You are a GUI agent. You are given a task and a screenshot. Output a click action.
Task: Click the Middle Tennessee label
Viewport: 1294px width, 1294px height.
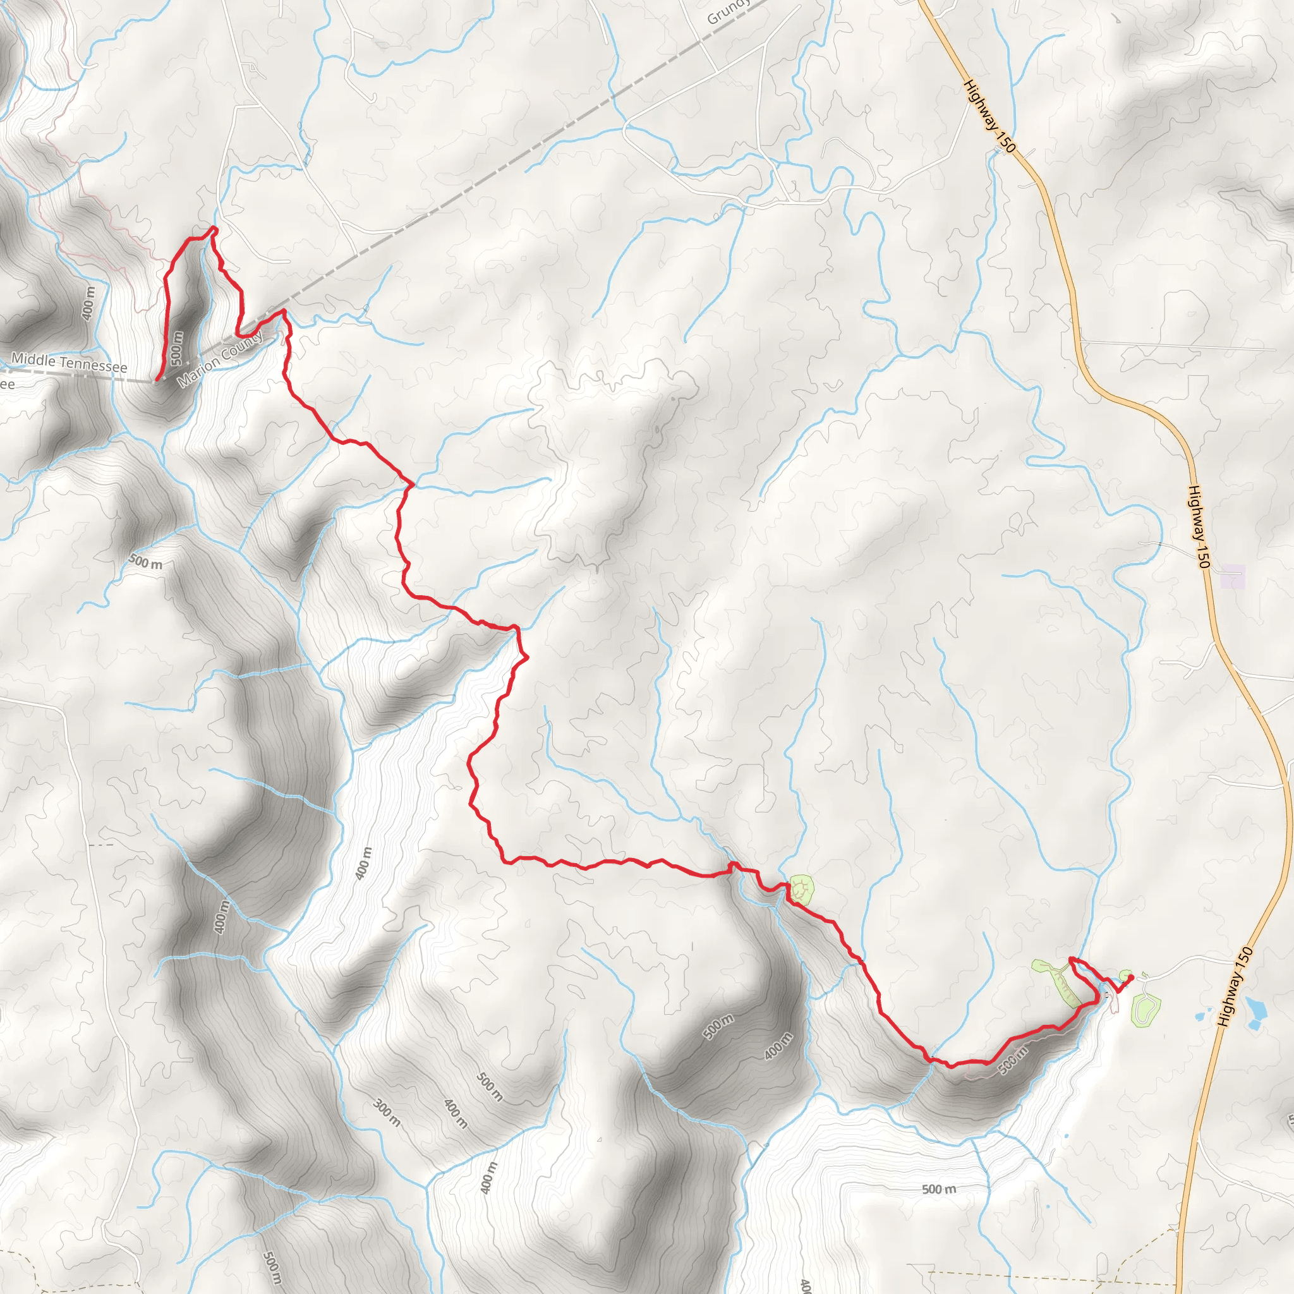[x=69, y=363]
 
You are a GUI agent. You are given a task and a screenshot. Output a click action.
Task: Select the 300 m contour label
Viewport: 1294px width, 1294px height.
[x=387, y=1113]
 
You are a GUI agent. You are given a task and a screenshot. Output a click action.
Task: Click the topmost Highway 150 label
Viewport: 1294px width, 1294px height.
[x=989, y=115]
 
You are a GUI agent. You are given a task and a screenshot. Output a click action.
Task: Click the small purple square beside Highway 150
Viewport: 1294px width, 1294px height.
[x=1232, y=577]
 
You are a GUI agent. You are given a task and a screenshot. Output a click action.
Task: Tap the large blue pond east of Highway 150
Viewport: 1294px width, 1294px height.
[x=1254, y=1012]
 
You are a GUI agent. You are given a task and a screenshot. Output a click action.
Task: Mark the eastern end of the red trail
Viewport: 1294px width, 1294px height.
[x=1130, y=978]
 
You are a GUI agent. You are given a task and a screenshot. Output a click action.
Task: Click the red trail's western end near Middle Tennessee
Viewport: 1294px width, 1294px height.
[x=157, y=380]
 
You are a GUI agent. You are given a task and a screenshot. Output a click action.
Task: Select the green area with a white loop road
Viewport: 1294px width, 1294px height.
[x=1146, y=1008]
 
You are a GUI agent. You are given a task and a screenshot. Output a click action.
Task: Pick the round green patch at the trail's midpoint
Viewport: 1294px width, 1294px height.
[x=802, y=890]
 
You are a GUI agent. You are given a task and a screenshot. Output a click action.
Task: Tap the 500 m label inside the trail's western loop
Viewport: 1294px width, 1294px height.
[x=177, y=348]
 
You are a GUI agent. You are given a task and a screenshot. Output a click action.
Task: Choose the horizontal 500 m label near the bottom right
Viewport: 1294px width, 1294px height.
[x=939, y=1189]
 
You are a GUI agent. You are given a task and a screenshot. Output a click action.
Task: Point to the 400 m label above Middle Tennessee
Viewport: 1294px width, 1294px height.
[x=89, y=303]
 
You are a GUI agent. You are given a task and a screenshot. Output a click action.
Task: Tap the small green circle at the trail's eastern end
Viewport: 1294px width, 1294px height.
[x=1125, y=974]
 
